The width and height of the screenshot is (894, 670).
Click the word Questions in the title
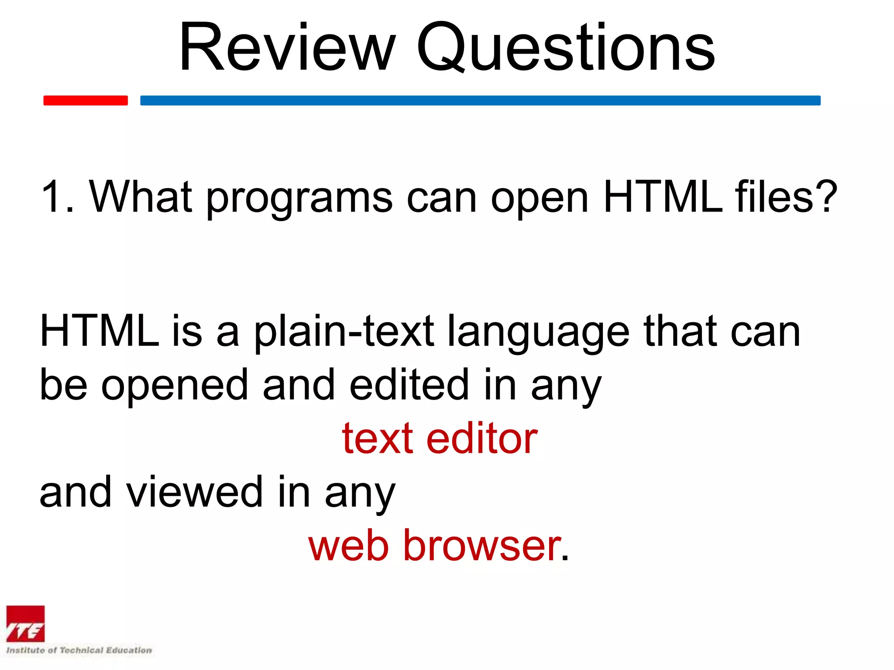coord(565,47)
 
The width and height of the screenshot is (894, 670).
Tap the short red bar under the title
coord(86,100)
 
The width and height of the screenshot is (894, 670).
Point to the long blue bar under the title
coord(480,100)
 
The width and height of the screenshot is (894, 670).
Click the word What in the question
coord(141,197)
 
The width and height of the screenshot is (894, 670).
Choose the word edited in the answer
coord(409,384)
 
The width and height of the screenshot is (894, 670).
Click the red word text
coord(377,439)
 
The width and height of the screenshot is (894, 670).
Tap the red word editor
coord(482,438)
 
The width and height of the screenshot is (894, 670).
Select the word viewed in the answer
coord(195,492)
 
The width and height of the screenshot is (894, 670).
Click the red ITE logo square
coord(25,624)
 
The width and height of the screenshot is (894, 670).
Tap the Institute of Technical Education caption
coord(79,650)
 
